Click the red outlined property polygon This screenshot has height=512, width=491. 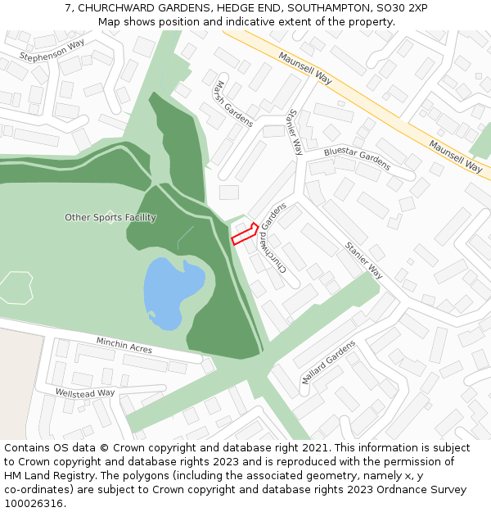point(245,235)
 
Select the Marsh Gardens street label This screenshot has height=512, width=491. point(234,104)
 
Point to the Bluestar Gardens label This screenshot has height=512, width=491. point(357,159)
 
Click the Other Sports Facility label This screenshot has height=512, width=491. point(110,218)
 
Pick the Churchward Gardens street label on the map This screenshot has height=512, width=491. point(273,238)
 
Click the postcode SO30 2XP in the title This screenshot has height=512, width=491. point(406,8)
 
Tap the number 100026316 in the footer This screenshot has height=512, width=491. point(34,503)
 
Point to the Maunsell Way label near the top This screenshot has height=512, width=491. point(304,69)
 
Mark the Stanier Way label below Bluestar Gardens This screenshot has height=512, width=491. point(364,261)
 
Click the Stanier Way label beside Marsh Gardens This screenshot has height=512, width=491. point(296,132)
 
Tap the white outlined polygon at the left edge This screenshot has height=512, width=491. point(16,288)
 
